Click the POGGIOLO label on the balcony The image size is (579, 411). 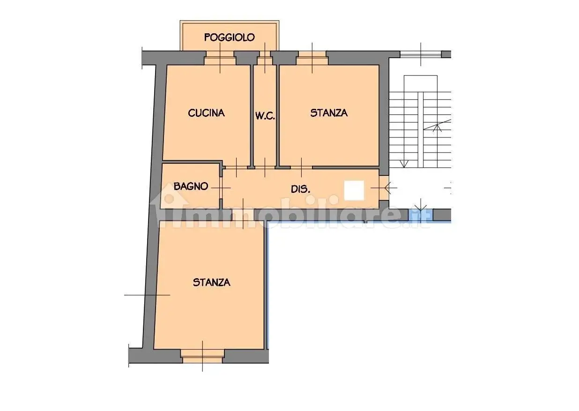pyautogui.click(x=229, y=38)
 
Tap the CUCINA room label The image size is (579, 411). pyautogui.click(x=206, y=113)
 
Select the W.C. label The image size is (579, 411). pyautogui.click(x=265, y=116)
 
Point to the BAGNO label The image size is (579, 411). pyautogui.click(x=191, y=186)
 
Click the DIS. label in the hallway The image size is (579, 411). pyautogui.click(x=300, y=189)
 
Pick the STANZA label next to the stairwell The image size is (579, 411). pyautogui.click(x=329, y=113)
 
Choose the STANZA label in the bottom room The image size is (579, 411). pyautogui.click(x=211, y=282)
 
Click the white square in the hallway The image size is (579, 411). pyautogui.click(x=354, y=190)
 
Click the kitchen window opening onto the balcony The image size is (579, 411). pyautogui.click(x=220, y=58)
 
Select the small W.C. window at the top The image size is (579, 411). pyautogui.click(x=265, y=58)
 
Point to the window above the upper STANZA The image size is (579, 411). pyautogui.click(x=312, y=58)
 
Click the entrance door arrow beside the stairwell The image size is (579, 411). pyautogui.click(x=384, y=187)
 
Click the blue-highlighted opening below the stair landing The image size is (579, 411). pyautogui.click(x=421, y=215)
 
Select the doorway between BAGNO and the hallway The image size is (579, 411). pyautogui.click(x=221, y=188)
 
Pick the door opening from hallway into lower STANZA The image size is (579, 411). pyautogui.click(x=243, y=215)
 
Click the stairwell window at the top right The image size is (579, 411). pyautogui.click(x=421, y=54)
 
